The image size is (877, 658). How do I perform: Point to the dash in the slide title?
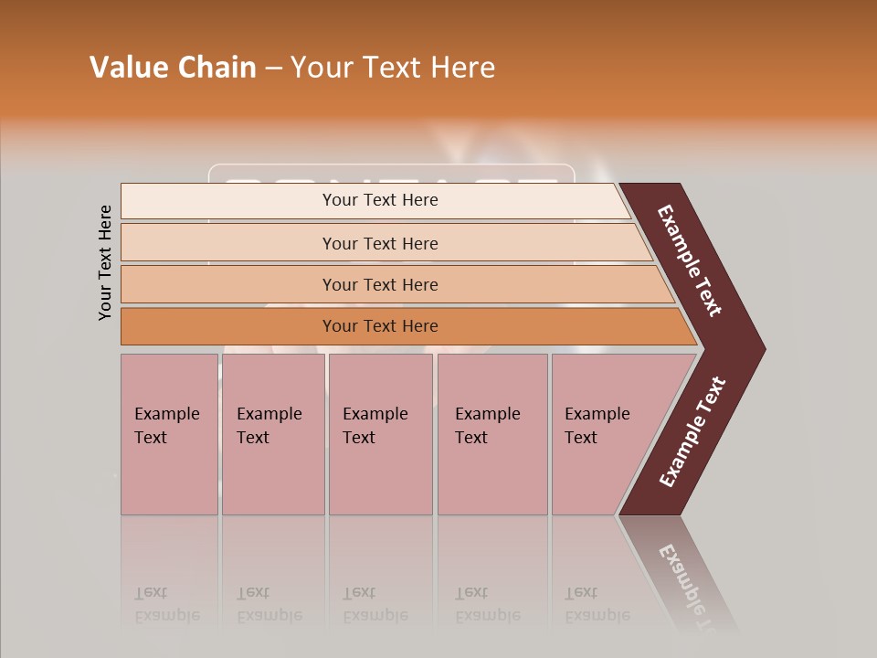coord(273,69)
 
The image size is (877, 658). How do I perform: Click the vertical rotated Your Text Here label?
coord(105,262)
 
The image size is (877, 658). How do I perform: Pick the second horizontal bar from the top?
coord(380,243)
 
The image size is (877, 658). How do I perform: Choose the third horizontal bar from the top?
coord(380,284)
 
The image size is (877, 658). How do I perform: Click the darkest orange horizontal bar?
coord(380,326)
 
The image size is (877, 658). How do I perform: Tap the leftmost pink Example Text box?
coord(169,434)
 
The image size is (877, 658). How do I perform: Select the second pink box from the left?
coord(272,434)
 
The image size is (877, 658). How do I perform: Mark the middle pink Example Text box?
coord(380,434)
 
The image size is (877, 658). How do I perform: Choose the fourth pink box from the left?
coord(492,434)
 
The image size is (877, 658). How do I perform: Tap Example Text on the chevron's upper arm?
coord(690,260)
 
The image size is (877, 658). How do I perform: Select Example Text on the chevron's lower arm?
coord(692,432)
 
